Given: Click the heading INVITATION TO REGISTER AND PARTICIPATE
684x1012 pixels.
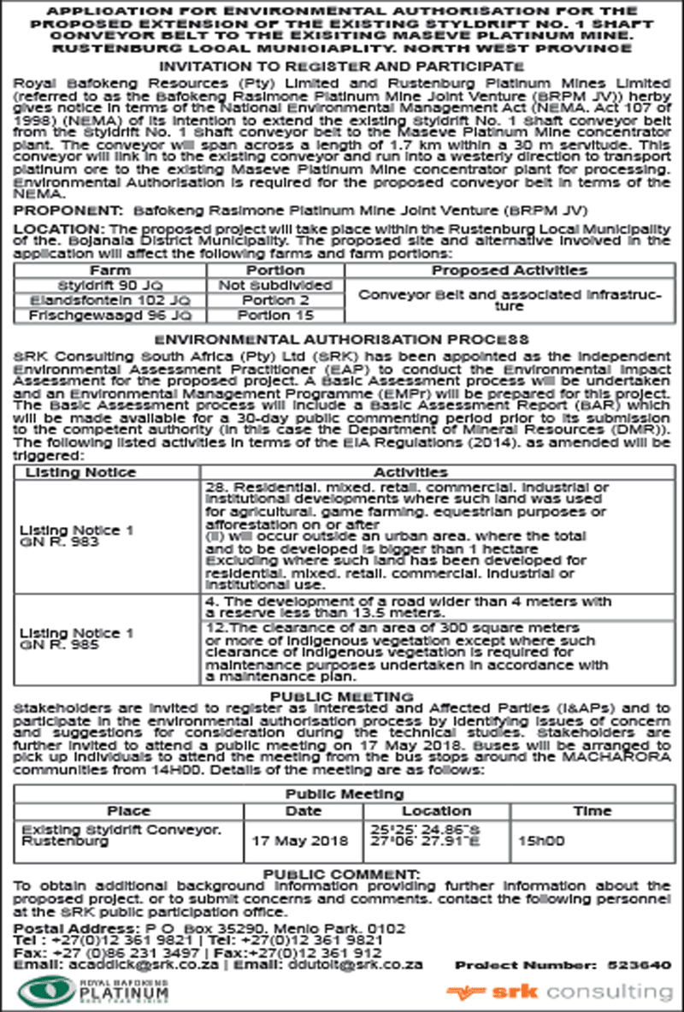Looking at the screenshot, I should click(x=342, y=66).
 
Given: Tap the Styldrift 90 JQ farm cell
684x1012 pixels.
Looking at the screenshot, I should click(x=110, y=285).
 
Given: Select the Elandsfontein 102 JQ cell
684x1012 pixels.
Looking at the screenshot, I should click(x=110, y=300).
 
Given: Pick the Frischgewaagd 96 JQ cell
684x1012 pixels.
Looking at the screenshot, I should click(x=110, y=315).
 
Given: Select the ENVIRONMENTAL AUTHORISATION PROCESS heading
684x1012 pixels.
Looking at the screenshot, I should click(x=342, y=339).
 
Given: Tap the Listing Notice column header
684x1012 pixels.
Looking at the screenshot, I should click(x=80, y=472).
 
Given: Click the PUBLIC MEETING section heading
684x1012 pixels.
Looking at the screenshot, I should click(x=342, y=696).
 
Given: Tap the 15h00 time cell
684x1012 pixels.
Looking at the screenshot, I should click(x=541, y=840).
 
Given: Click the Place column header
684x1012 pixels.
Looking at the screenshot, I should click(x=128, y=810).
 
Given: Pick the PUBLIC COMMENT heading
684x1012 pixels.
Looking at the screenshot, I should click(x=342, y=873).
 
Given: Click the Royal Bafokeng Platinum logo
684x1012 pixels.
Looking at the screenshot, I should click(x=94, y=992).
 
